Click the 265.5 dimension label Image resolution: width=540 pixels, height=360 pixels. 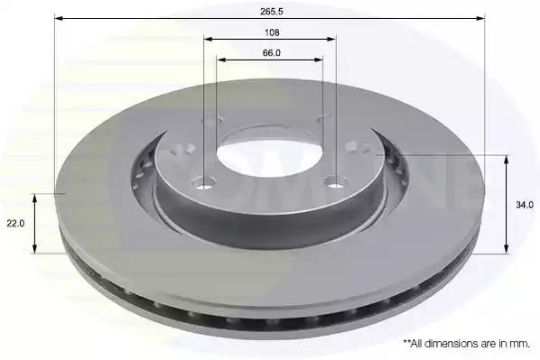click(x=272, y=12)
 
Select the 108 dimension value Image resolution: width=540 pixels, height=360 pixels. click(x=272, y=32)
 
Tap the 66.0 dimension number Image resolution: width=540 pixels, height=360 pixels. click(x=272, y=53)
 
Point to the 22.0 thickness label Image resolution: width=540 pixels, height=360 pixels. click(x=16, y=224)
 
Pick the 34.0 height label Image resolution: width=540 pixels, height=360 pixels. click(x=525, y=205)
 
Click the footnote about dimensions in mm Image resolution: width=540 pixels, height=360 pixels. click(x=466, y=343)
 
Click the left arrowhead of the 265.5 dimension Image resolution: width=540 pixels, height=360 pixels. click(x=59, y=18)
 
